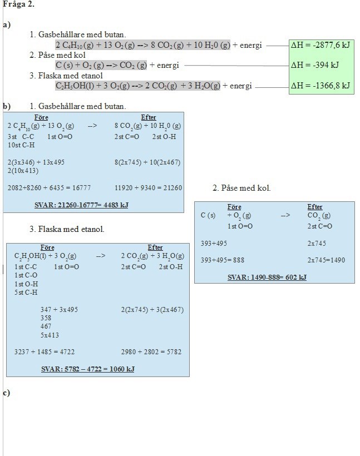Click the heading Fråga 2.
[18, 4]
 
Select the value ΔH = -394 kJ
[315, 66]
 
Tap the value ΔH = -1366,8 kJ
[320, 86]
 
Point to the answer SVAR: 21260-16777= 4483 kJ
[81, 205]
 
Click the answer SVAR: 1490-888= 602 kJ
[267, 277]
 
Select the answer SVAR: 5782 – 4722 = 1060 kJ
[88, 369]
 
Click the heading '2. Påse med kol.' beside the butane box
[241, 188]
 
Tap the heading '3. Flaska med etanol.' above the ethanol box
[67, 229]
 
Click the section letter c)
[6, 393]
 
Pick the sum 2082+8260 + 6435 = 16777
[50, 188]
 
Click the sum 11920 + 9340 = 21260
[148, 188]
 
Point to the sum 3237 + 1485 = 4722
[45, 351]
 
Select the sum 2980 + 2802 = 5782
[151, 351]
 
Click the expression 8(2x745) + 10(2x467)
[147, 162]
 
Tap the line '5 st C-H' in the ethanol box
[26, 293]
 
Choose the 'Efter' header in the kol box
[315, 207]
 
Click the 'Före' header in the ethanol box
[48, 247]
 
